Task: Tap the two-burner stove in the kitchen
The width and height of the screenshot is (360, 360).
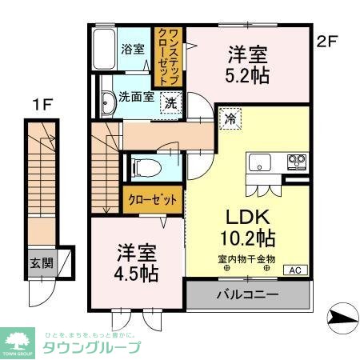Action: pyautogui.click(x=297, y=161)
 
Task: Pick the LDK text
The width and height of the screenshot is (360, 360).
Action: pyautogui.click(x=246, y=218)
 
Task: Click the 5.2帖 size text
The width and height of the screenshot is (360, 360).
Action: pyautogui.click(x=247, y=76)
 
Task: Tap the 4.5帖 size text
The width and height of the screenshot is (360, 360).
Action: pyautogui.click(x=135, y=272)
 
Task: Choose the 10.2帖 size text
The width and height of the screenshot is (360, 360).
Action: pyautogui.click(x=247, y=238)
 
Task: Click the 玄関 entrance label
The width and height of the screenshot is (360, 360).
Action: pyautogui.click(x=42, y=262)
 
